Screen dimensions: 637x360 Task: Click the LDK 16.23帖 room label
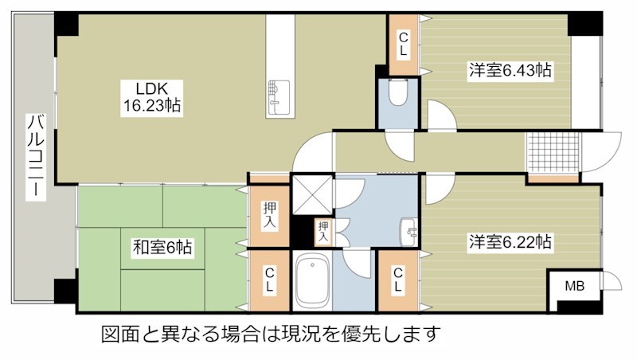(x=152, y=97)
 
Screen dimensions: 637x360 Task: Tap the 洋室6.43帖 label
(x=510, y=70)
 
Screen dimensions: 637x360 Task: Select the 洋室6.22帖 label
(x=510, y=242)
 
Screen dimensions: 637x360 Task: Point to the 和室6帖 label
(x=162, y=247)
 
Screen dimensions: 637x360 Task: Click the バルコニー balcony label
(x=36, y=156)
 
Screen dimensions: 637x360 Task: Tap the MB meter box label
(x=574, y=287)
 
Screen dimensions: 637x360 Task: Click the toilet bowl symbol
(x=397, y=92)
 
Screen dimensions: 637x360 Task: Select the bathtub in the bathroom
(x=312, y=281)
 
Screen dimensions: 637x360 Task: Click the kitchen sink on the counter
(x=278, y=99)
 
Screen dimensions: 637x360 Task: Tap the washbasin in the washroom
(x=409, y=233)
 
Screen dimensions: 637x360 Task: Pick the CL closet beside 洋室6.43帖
(x=404, y=45)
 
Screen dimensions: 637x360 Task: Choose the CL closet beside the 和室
(x=269, y=280)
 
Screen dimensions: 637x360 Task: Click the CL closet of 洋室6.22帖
(x=398, y=280)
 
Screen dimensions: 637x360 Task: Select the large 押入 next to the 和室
(x=269, y=215)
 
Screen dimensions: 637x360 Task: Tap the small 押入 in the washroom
(x=323, y=232)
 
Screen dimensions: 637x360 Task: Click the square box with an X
(x=312, y=194)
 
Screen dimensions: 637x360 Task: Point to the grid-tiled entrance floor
(x=553, y=151)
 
